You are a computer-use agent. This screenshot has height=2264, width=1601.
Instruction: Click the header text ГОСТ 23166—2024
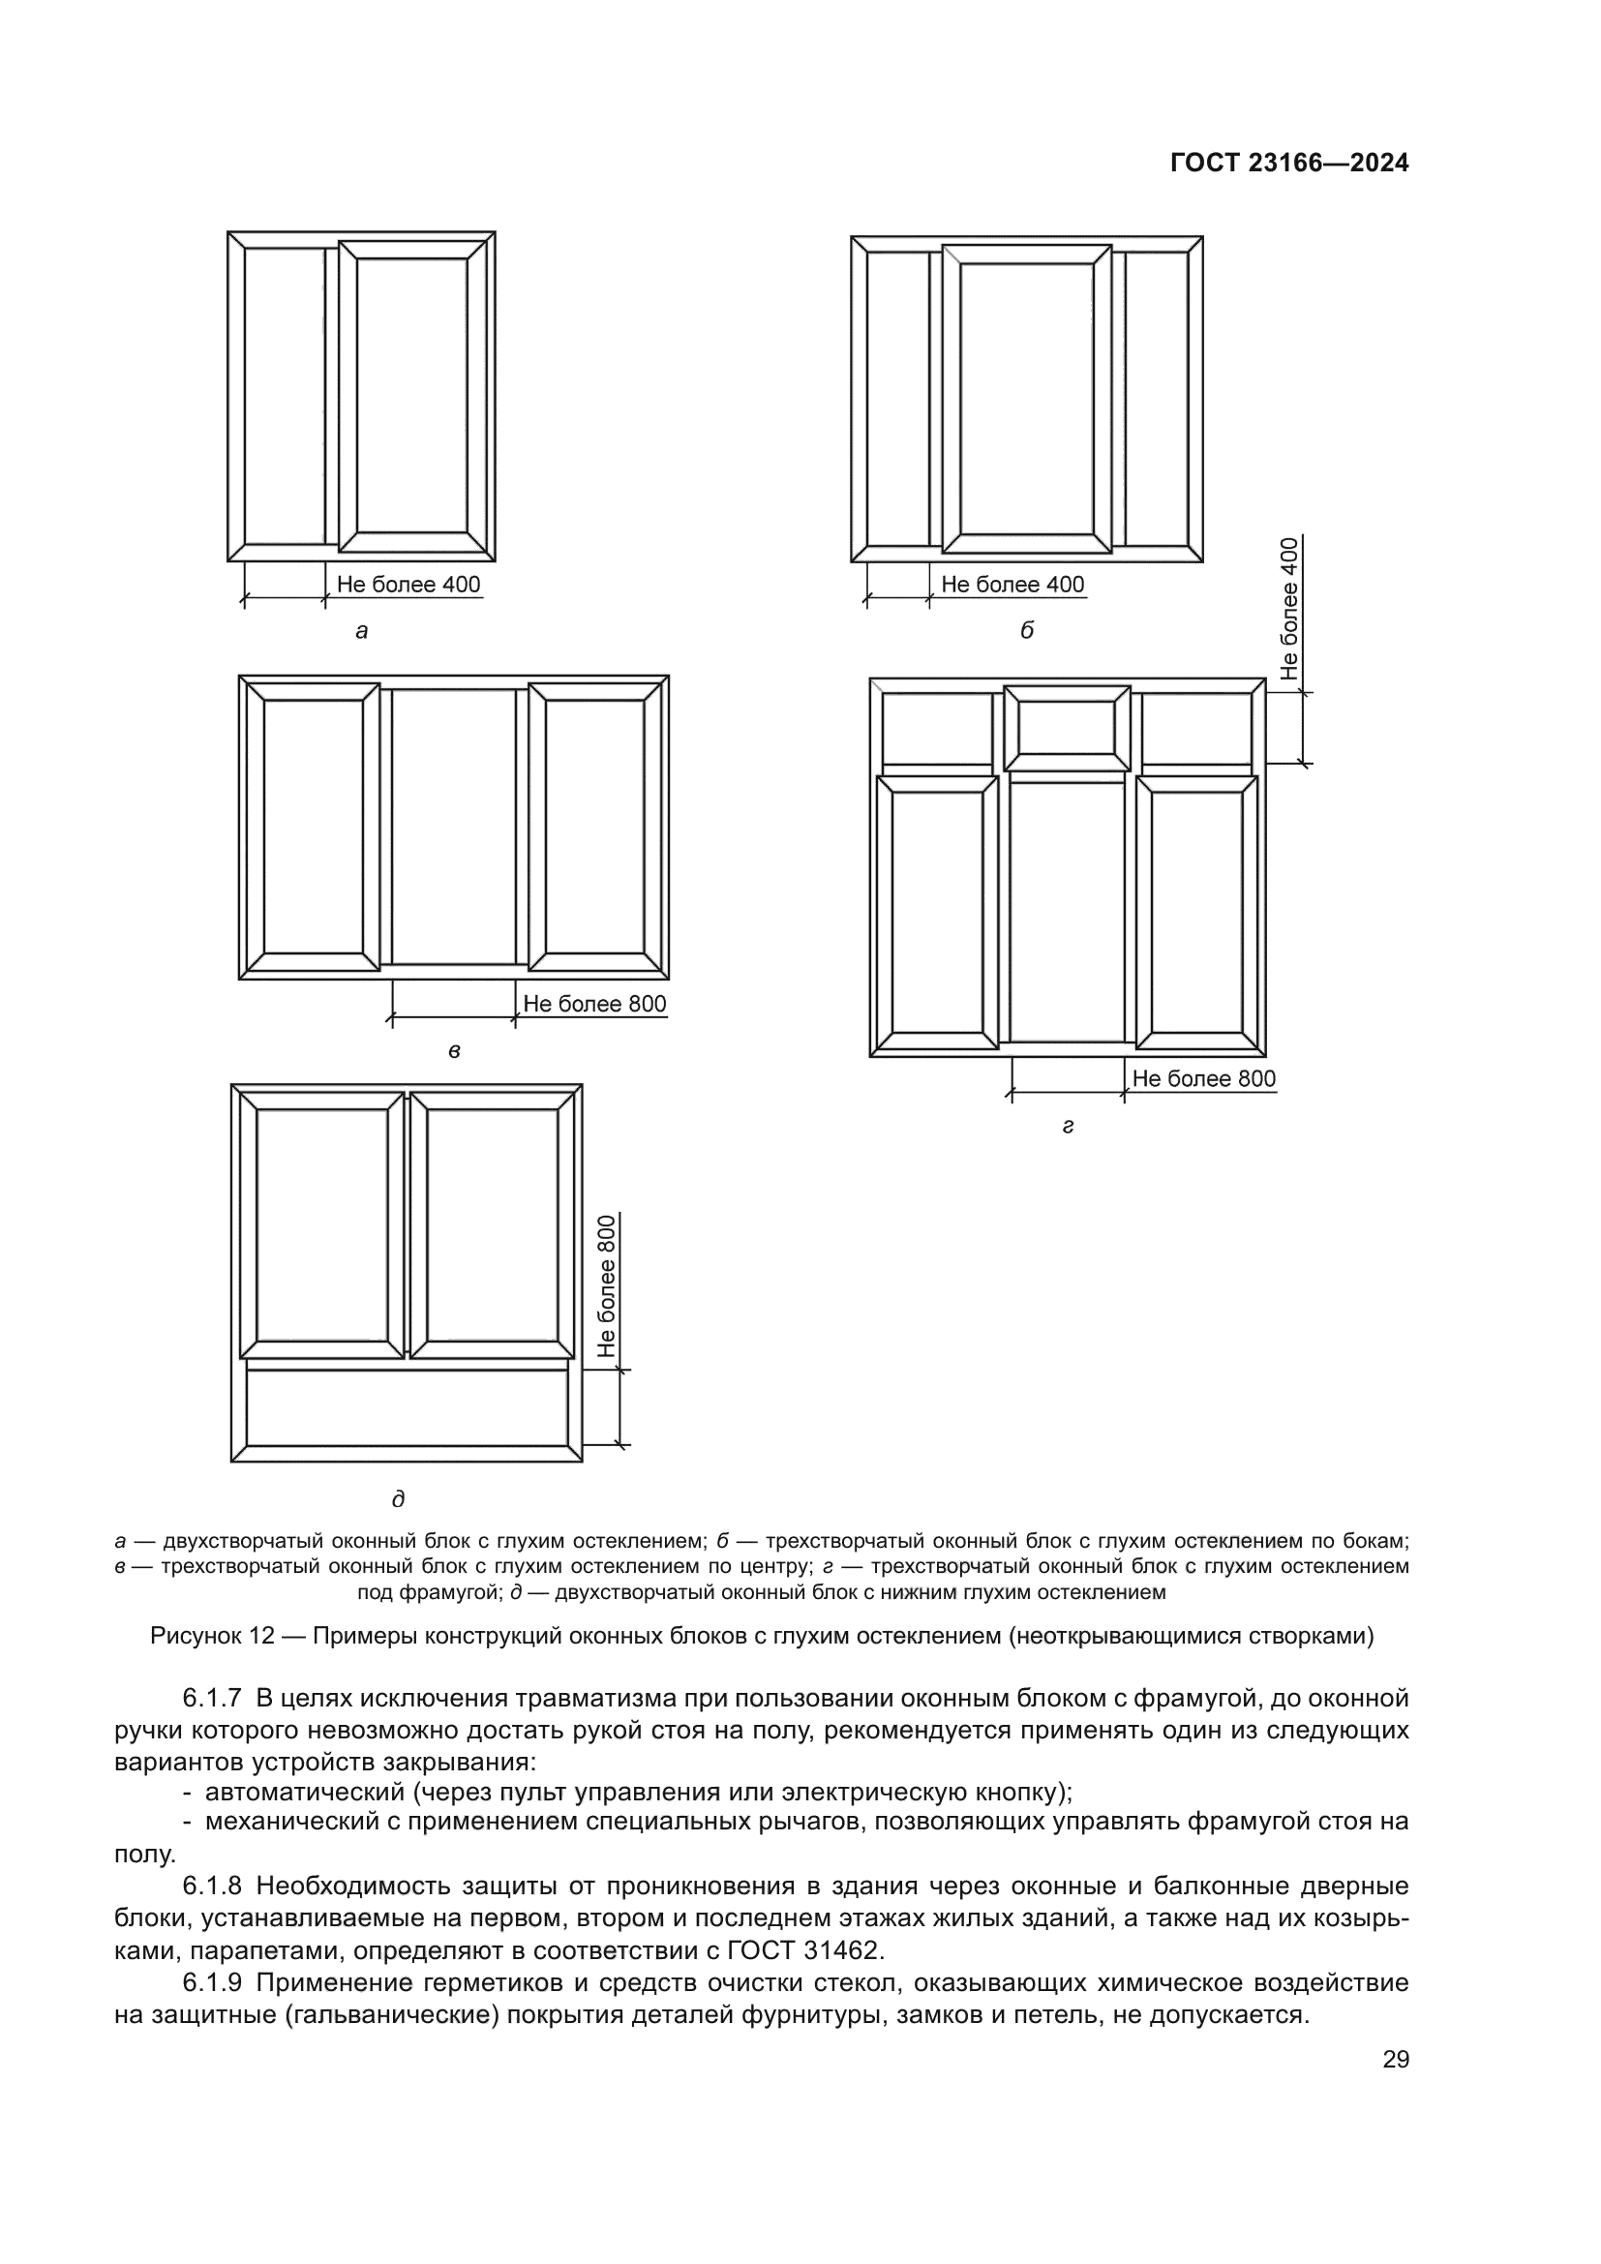[x=1288, y=164]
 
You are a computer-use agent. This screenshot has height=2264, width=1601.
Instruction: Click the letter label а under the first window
[x=362, y=632]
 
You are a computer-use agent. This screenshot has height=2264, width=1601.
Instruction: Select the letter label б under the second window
[x=1026, y=632]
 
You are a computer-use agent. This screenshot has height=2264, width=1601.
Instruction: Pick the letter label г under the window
[x=1068, y=1126]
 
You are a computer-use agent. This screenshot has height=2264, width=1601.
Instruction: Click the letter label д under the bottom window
[x=398, y=1499]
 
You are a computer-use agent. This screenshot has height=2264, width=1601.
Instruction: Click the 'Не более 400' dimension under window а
[x=408, y=585]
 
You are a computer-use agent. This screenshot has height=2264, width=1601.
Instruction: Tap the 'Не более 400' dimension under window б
[x=1012, y=585]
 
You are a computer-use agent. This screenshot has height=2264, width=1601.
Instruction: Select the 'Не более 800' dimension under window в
[x=594, y=1005]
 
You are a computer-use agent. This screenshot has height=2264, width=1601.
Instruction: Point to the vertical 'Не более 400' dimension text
[x=1289, y=609]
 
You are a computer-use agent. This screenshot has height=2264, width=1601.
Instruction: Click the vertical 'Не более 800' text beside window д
[x=606, y=1284]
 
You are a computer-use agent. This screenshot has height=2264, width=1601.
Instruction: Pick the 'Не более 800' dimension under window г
[x=1204, y=1078]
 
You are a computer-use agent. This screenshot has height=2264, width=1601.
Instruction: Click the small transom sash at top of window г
[x=1067, y=729]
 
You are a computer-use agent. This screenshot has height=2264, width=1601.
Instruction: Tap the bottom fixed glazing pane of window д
[x=407, y=1408]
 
